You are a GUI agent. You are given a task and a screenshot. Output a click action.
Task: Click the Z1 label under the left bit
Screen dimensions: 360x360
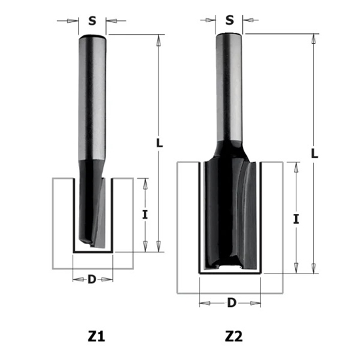click(x=96, y=337)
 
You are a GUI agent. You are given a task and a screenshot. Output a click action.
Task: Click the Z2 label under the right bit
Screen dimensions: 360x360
click(x=234, y=337)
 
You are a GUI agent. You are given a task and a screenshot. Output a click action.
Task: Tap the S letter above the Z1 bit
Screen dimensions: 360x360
click(x=92, y=21)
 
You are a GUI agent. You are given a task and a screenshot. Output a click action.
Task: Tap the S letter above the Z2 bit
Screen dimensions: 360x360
click(x=230, y=20)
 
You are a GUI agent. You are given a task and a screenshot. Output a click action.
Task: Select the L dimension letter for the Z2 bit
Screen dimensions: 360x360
click(x=314, y=154)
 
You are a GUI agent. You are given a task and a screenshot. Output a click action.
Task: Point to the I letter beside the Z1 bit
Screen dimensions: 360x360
click(x=145, y=214)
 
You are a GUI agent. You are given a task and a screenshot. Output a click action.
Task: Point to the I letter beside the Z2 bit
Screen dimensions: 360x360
click(x=297, y=220)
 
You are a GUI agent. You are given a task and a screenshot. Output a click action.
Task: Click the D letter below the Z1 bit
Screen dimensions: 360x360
click(x=92, y=279)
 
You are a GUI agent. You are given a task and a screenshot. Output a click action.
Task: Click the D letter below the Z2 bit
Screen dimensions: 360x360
click(x=231, y=302)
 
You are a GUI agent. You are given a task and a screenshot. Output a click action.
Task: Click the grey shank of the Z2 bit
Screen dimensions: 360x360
click(x=230, y=85)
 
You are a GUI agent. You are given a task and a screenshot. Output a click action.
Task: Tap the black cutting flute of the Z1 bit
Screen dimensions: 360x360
click(x=92, y=209)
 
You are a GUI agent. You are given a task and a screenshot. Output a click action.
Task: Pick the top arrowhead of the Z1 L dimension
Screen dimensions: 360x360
click(x=158, y=40)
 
